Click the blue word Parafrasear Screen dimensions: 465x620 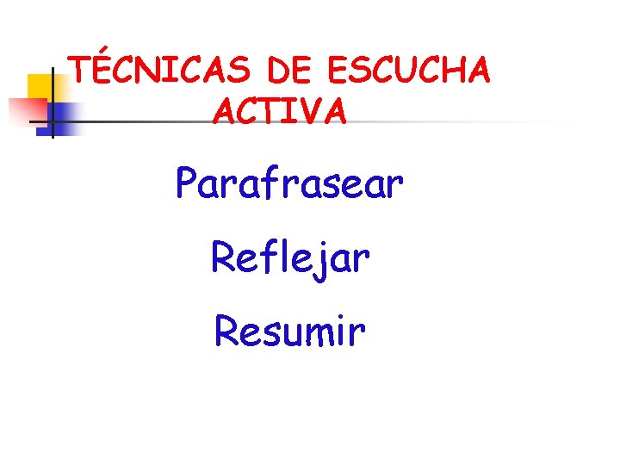coord(289,183)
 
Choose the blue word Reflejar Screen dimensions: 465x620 coord(290,257)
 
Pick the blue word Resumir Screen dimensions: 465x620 coord(290,330)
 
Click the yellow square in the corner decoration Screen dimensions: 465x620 coord(40,87)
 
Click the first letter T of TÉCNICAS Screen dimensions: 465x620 coord(81,71)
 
